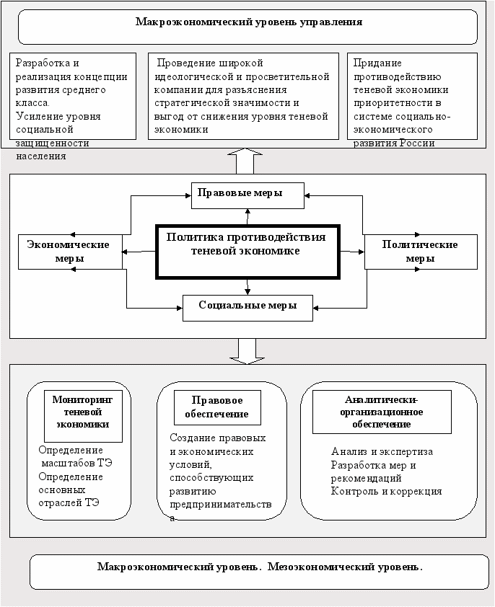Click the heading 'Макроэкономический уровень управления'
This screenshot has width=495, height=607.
coord(249,22)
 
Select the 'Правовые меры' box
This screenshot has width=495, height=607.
coord(247,195)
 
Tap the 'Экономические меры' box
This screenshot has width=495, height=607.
coord(70,252)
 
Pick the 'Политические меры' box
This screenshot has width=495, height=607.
coord(421,252)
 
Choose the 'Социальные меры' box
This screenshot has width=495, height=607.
coord(247,308)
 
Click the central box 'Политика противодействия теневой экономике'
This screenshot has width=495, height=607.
coord(247,252)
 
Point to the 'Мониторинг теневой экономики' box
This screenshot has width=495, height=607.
coord(83,416)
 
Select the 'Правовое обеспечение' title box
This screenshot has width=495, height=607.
coord(217,407)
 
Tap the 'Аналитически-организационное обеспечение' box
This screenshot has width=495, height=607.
coord(382,412)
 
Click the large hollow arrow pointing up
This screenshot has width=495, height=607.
coord(245,161)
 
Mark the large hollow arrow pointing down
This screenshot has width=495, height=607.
coord(247,352)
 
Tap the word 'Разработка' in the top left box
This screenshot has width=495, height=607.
coord(43,63)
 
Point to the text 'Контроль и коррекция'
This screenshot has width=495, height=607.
coord(386,491)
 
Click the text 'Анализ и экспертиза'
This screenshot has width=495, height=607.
coord(382,451)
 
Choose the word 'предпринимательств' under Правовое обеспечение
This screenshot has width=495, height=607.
coord(221,505)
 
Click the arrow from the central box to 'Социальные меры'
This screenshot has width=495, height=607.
coord(247,287)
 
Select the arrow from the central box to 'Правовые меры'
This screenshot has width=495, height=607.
coord(247,217)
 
